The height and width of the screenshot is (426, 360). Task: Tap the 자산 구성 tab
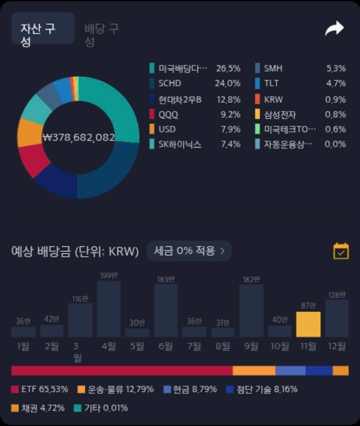(x=42, y=29)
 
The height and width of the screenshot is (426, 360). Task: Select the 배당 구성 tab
(x=101, y=35)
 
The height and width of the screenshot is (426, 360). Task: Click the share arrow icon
(x=334, y=29)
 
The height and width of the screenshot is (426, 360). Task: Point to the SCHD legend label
(x=169, y=83)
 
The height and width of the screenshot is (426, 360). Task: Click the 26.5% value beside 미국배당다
(x=228, y=68)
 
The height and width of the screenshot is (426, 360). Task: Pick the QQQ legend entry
(x=168, y=115)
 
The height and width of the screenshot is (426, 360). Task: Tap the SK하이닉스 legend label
(x=179, y=144)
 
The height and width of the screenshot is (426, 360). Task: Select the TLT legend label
(x=271, y=83)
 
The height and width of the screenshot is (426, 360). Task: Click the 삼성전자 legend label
(x=280, y=115)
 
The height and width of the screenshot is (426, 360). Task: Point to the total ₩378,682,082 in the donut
(x=79, y=137)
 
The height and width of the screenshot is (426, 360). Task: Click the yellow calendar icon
(x=341, y=251)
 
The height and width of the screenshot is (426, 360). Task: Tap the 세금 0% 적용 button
(x=189, y=251)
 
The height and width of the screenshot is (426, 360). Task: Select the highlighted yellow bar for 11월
(x=308, y=324)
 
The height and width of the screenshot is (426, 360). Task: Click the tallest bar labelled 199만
(x=109, y=309)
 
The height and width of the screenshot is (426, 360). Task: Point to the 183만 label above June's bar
(x=166, y=279)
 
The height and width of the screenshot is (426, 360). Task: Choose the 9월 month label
(x=251, y=346)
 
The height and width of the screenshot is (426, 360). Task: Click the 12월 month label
(x=337, y=346)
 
